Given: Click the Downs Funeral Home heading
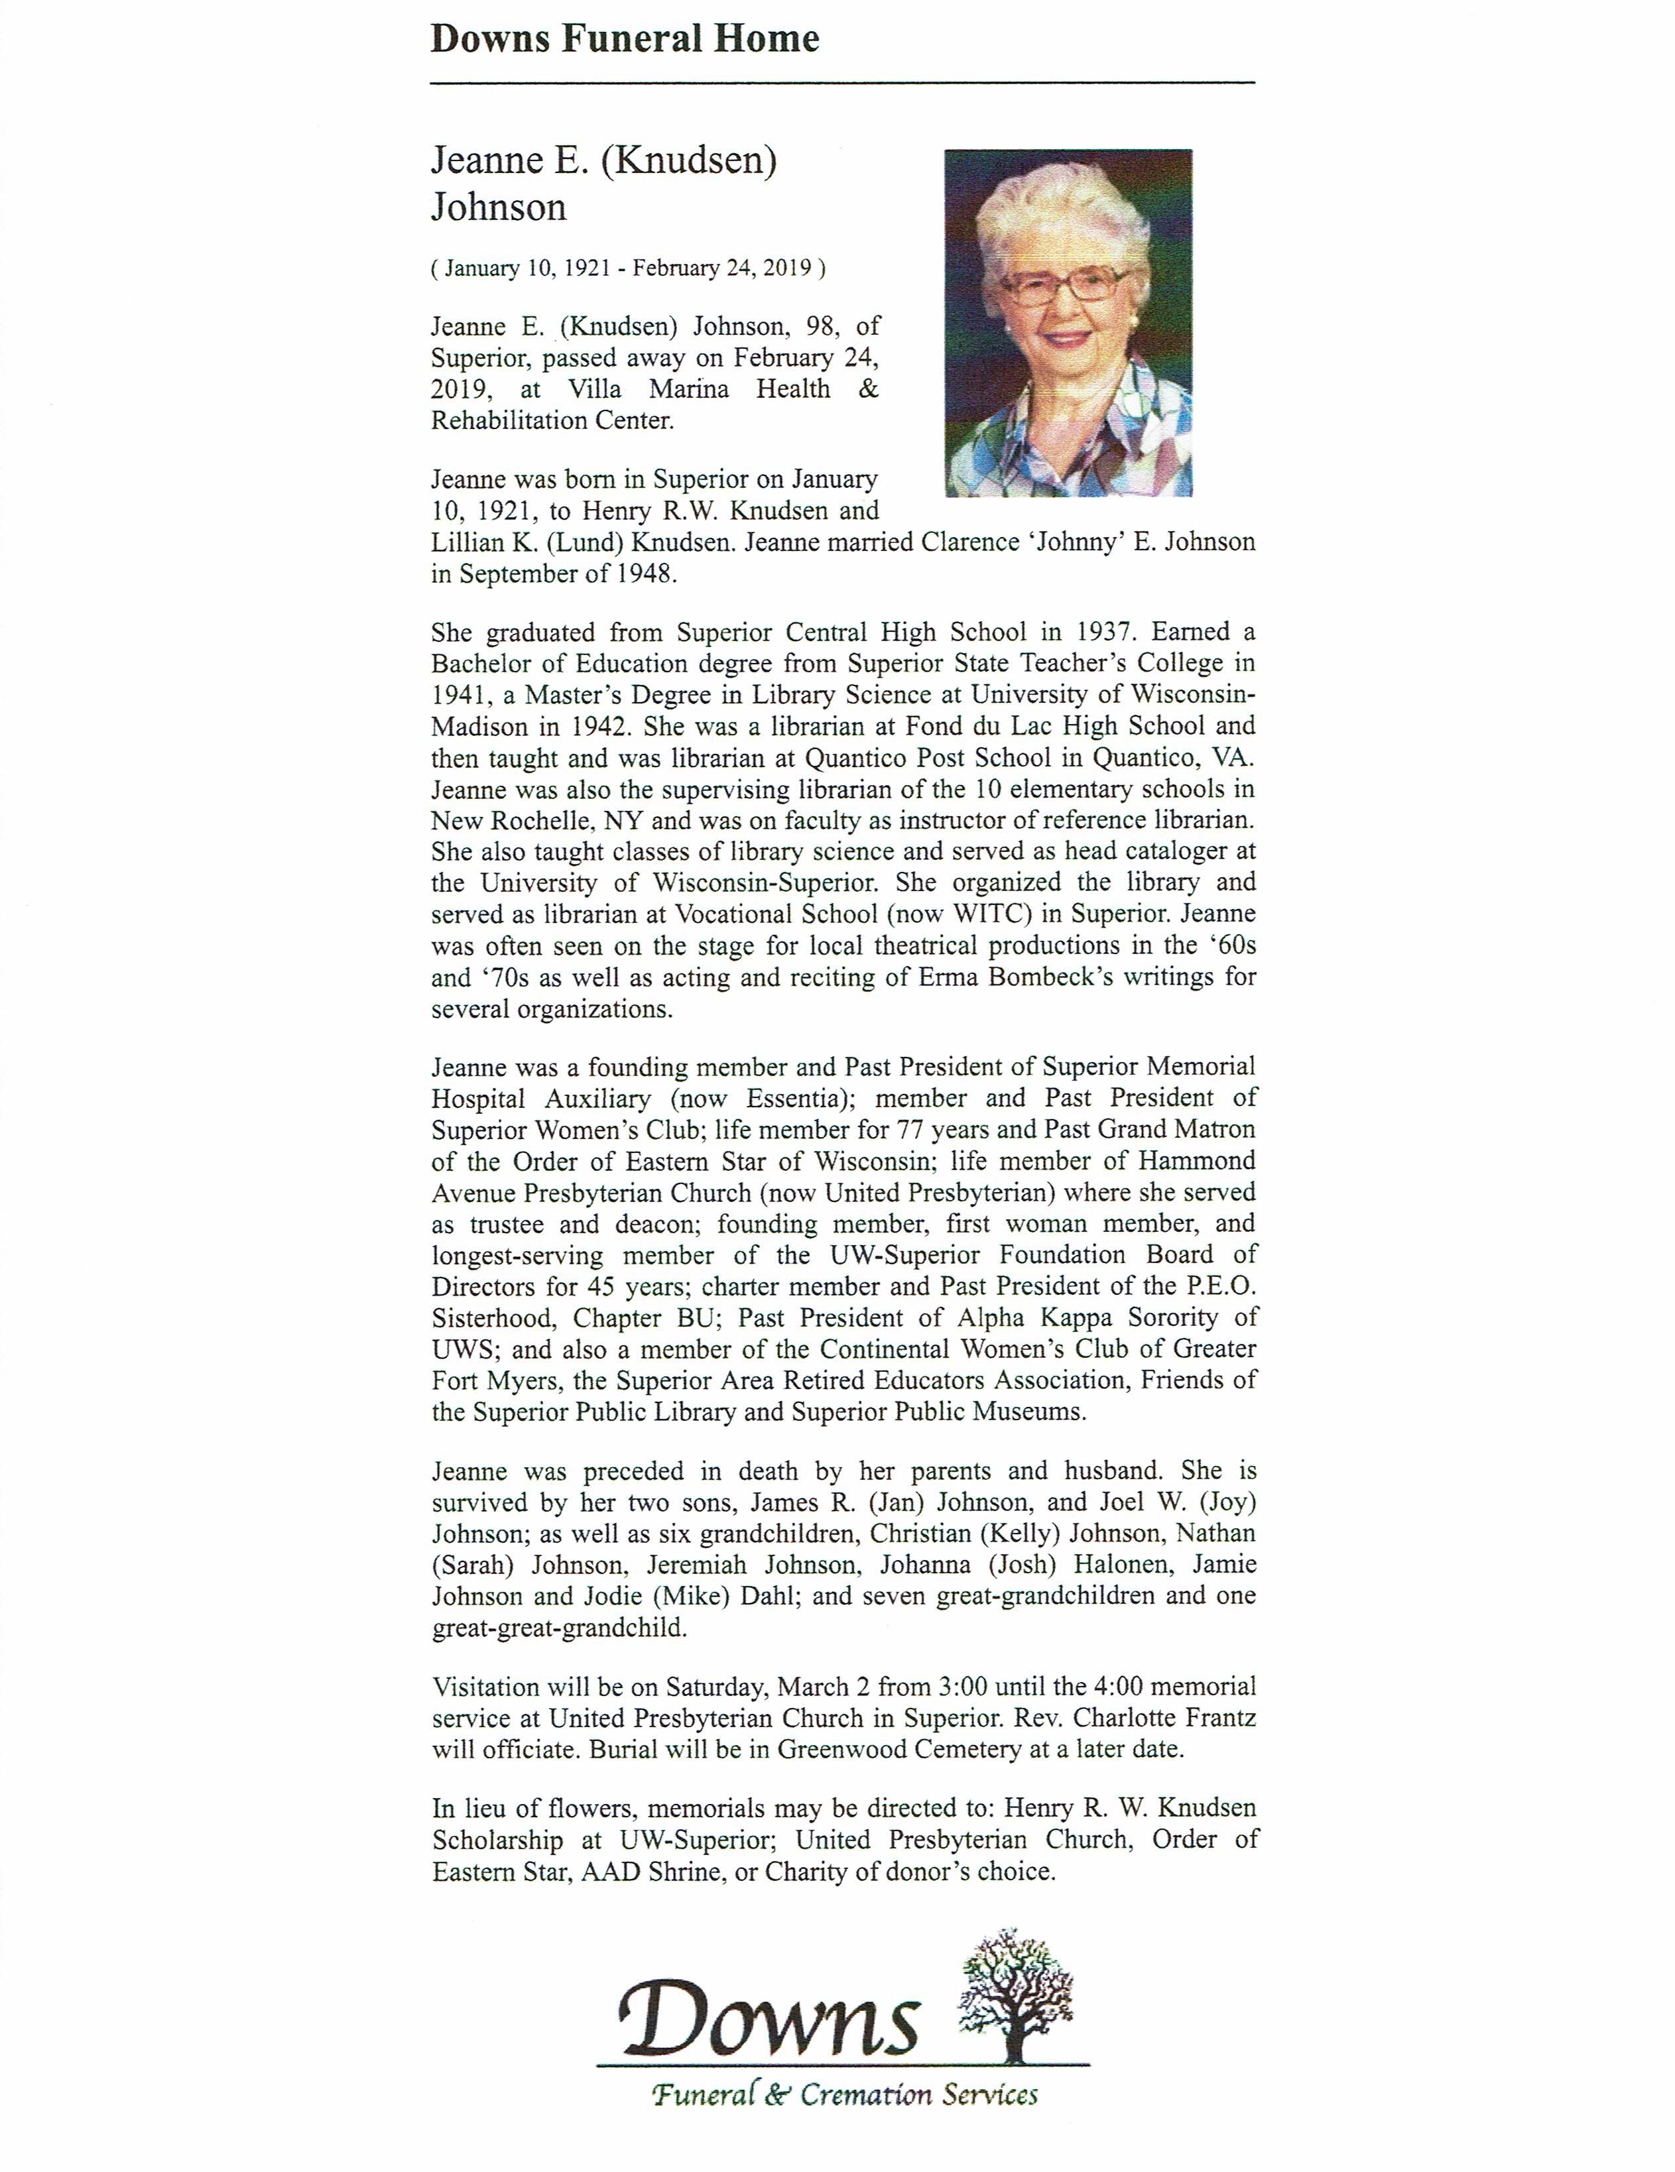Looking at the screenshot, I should (625, 38).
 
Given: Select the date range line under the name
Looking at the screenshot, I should (627, 268).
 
